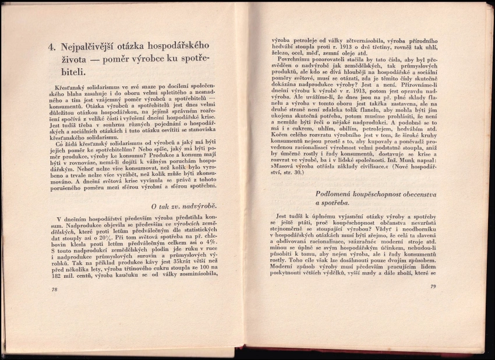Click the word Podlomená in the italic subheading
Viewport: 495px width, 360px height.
(337, 193)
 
